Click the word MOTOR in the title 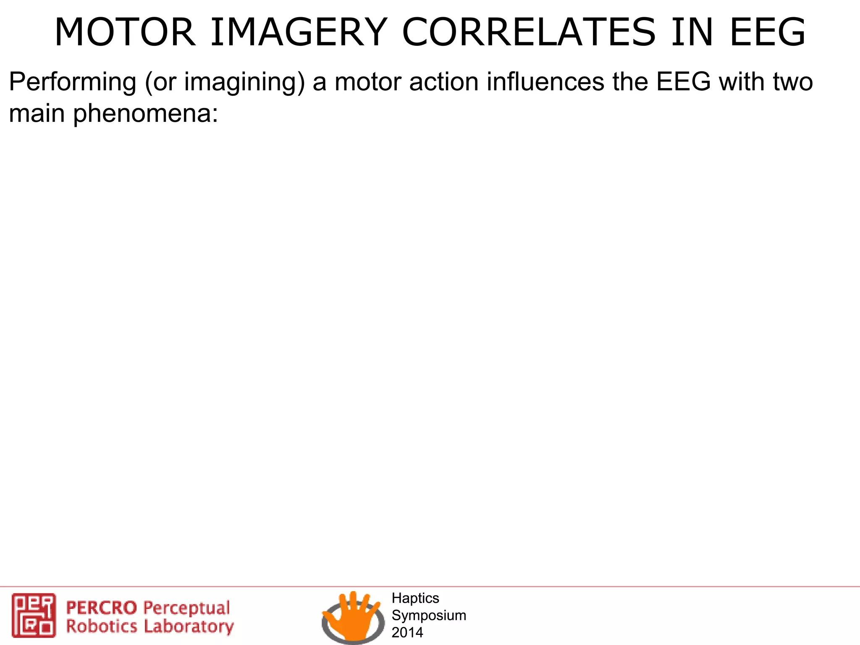click(x=125, y=32)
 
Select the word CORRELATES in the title click(x=529, y=32)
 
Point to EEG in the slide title click(x=768, y=32)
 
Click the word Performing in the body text click(x=73, y=82)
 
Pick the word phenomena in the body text click(x=146, y=113)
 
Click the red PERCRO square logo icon click(x=34, y=615)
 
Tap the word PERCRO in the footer click(x=102, y=608)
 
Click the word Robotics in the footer click(x=102, y=626)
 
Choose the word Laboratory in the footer click(x=189, y=627)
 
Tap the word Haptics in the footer click(x=415, y=598)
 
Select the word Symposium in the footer click(x=429, y=615)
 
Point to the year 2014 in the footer click(x=407, y=632)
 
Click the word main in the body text click(x=37, y=113)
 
